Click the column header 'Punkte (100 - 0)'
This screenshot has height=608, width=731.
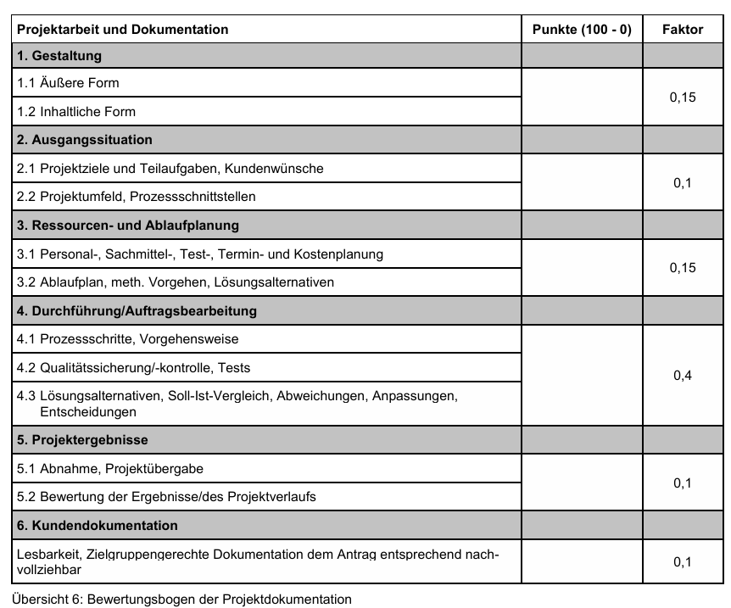click(x=582, y=29)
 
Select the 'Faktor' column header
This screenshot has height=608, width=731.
click(x=683, y=29)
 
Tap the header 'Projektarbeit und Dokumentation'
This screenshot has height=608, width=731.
click(x=123, y=29)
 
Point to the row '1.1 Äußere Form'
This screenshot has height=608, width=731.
click(x=68, y=83)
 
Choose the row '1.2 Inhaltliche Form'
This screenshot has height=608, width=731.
click(x=76, y=111)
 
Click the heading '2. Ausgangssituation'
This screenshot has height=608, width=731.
click(x=85, y=139)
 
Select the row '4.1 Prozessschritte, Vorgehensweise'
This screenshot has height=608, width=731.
click(x=128, y=339)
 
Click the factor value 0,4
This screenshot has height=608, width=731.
click(x=683, y=375)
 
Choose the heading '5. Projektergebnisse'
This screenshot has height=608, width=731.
click(x=82, y=440)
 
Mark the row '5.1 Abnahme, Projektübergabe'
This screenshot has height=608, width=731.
click(x=110, y=468)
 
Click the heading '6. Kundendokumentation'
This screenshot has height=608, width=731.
click(x=98, y=526)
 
